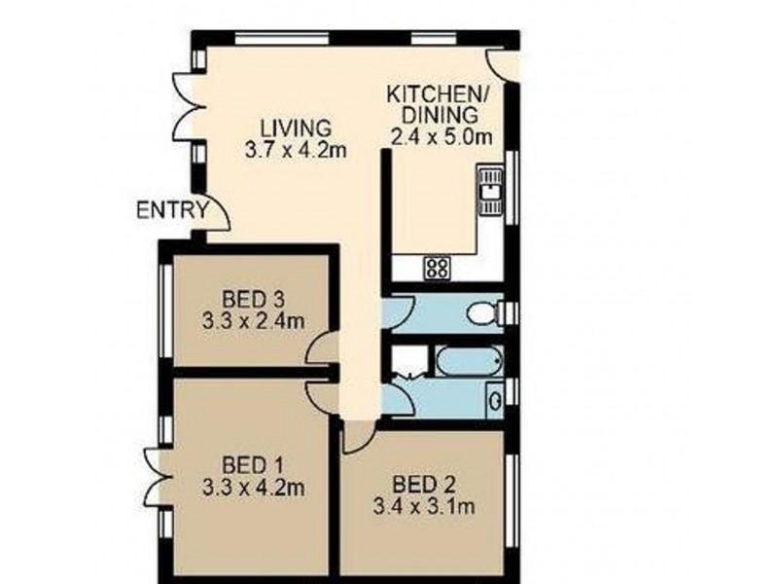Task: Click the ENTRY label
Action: click(172, 208)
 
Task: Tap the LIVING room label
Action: click(296, 128)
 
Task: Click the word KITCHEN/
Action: click(439, 94)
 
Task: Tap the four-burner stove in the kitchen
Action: click(437, 268)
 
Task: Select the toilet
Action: click(483, 313)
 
